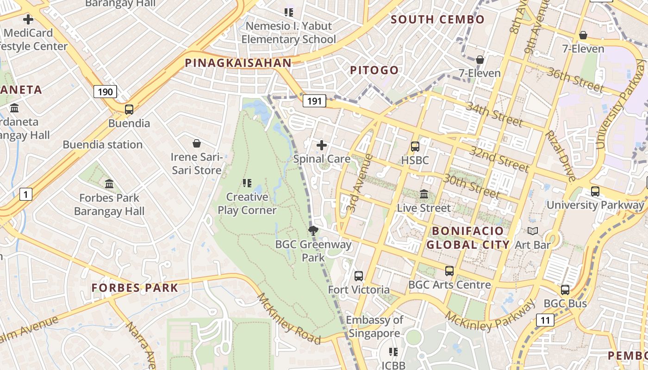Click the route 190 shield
tap(105, 92)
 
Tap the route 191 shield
tap(314, 101)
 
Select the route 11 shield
tap(545, 320)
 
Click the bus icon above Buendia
tap(129, 110)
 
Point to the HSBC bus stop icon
tap(415, 147)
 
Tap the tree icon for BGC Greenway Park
tap(313, 230)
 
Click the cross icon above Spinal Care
tap(321, 145)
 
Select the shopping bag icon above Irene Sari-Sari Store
tap(197, 143)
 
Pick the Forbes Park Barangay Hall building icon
tap(109, 184)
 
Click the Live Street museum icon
tap(424, 194)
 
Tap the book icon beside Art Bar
tap(533, 231)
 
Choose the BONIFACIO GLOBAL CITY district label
tap(467, 238)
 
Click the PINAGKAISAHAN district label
tap(238, 63)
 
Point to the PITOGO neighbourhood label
tap(374, 70)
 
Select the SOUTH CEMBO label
tap(437, 19)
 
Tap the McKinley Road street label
tap(289, 319)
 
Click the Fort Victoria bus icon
tap(359, 276)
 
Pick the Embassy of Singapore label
tap(374, 327)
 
